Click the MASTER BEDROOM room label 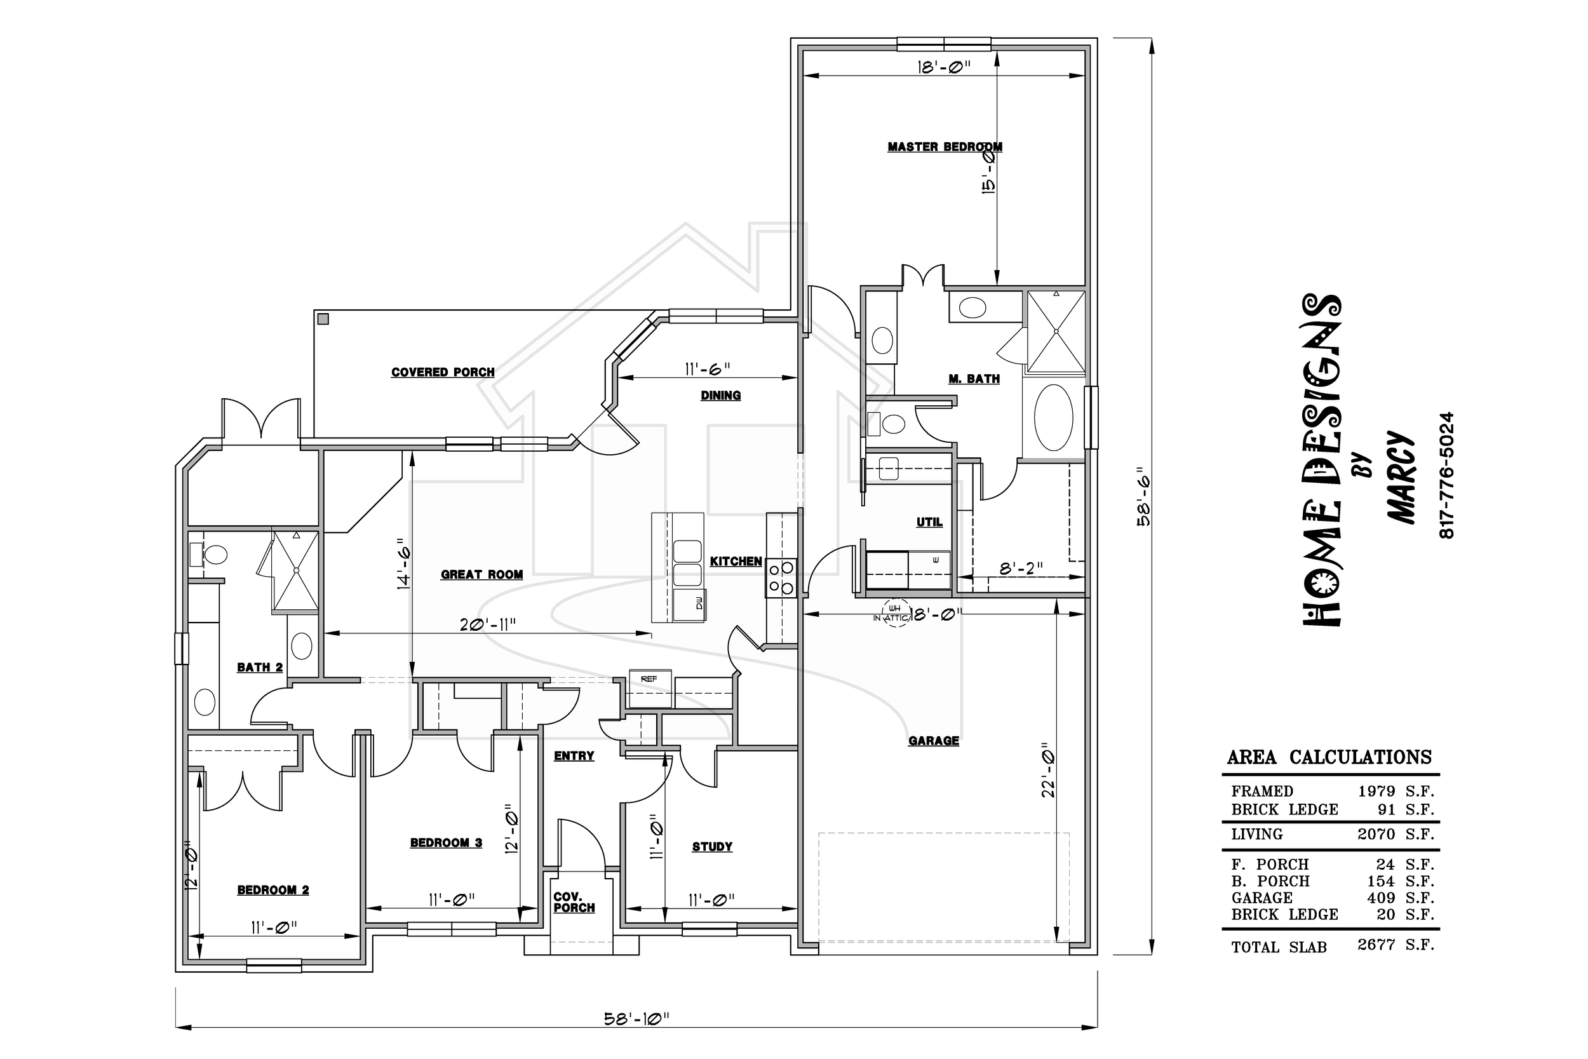click(x=945, y=147)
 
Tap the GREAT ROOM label click(x=482, y=575)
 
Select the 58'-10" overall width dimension click(x=636, y=1018)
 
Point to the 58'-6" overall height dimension click(x=1144, y=496)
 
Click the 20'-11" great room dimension click(x=487, y=624)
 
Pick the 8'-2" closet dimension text click(x=1021, y=569)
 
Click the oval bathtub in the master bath click(x=1053, y=418)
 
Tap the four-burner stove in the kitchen click(x=781, y=578)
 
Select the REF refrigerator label click(x=649, y=678)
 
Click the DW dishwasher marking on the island click(x=699, y=602)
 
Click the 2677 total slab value click(x=1376, y=944)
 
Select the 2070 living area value click(x=1376, y=834)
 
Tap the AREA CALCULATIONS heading click(x=1329, y=757)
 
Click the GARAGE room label click(x=934, y=741)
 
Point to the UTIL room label click(x=929, y=522)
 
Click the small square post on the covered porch click(x=323, y=319)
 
